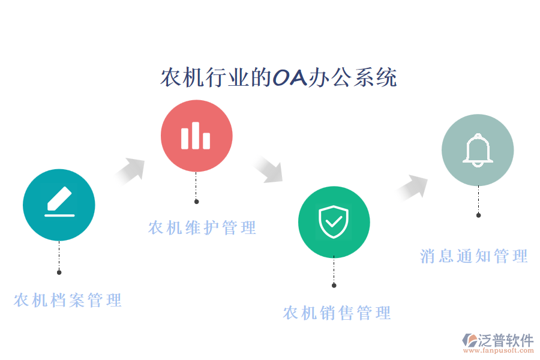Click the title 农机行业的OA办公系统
coord(278,77)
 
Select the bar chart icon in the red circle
coord(196,136)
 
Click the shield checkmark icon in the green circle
coord(334,221)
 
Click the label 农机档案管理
coord(68,300)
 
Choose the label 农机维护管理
coord(202,228)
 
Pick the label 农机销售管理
coord(337,313)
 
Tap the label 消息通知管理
coord(474,257)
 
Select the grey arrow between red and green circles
coord(268,169)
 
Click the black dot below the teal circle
coord(59,272)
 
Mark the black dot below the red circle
coord(196,202)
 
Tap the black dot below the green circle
coord(334,285)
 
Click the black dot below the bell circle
coord(478,215)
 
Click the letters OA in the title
coord(289,77)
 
